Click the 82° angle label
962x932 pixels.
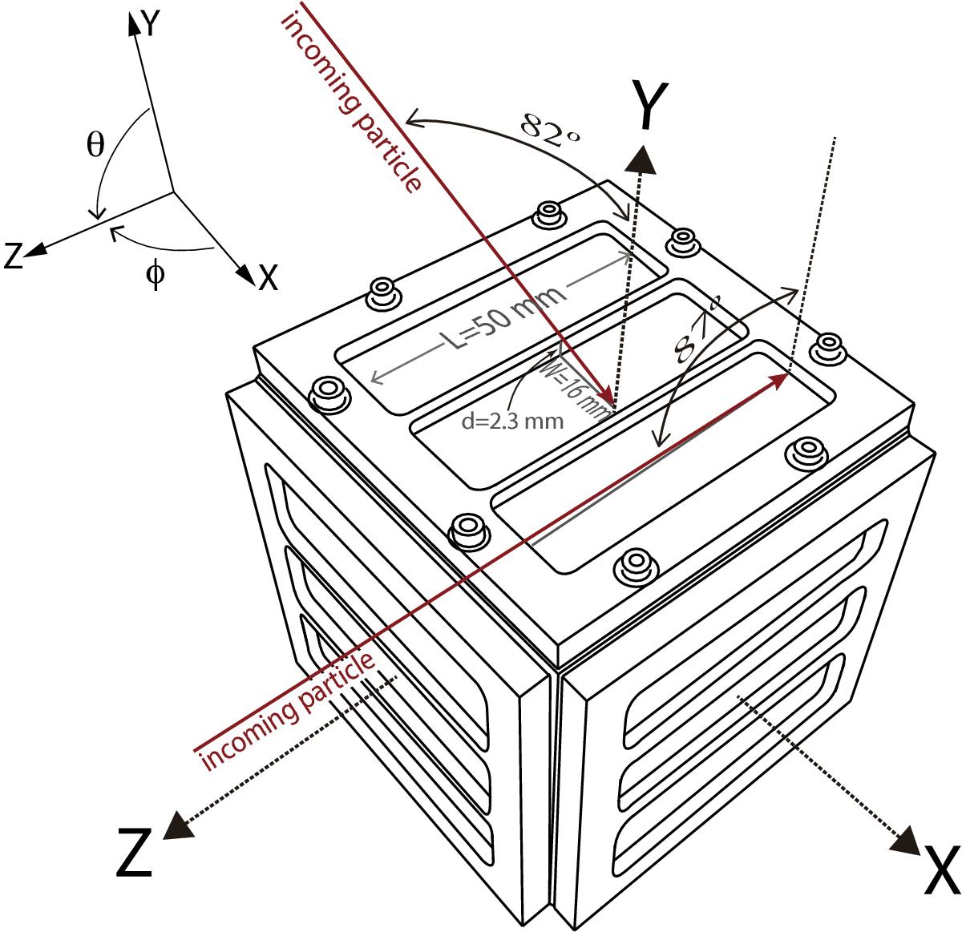click(550, 130)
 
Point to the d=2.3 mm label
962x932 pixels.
click(512, 422)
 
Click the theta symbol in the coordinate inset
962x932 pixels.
click(95, 144)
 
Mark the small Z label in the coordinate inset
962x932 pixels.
click(14, 255)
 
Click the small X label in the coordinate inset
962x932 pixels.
click(269, 277)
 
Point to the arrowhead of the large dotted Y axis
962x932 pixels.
click(641, 160)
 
